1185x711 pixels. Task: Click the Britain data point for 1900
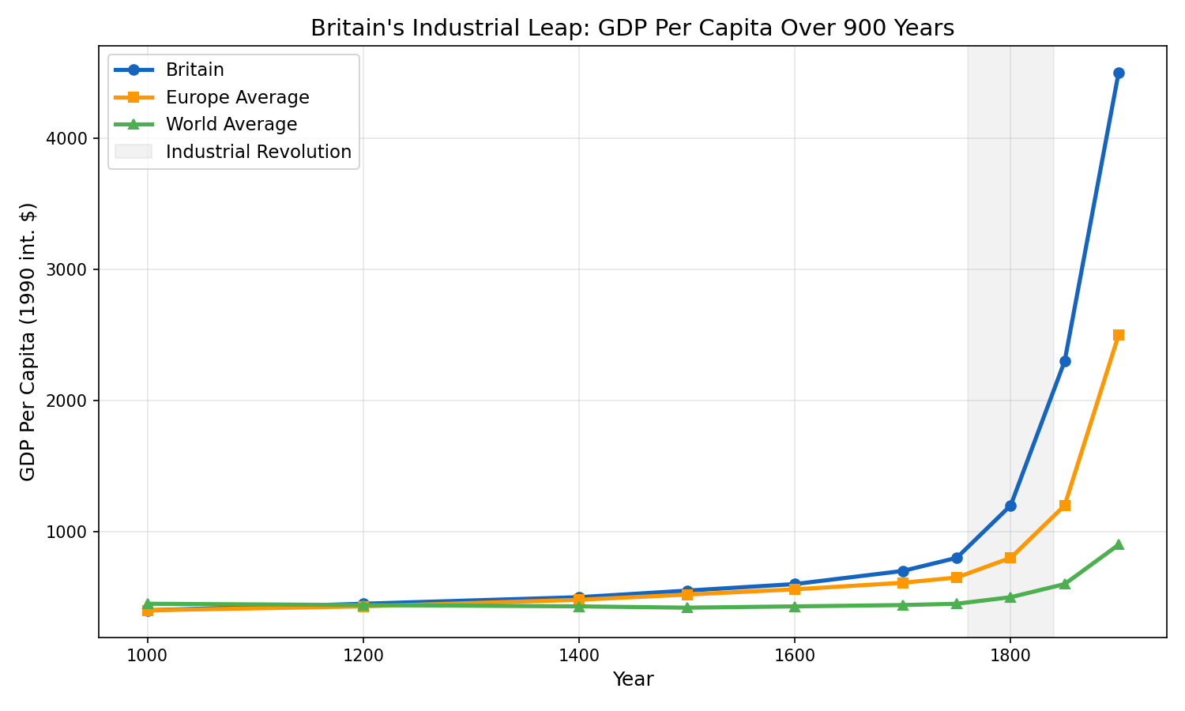click(x=1118, y=73)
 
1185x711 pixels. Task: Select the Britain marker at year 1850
click(x=1064, y=361)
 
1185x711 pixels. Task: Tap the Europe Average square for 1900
click(x=1118, y=335)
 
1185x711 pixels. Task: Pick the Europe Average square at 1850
click(x=1064, y=506)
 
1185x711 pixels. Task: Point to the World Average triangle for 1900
click(x=1118, y=544)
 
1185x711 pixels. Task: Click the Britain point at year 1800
click(x=1010, y=506)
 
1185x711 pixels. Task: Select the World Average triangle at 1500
click(x=687, y=607)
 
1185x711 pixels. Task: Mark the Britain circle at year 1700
click(x=902, y=570)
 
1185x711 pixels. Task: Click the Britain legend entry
click(x=194, y=70)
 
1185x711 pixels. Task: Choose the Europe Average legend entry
click(x=237, y=97)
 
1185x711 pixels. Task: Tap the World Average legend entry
click(x=231, y=125)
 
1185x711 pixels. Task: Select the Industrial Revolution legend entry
click(x=258, y=152)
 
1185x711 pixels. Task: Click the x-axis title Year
click(x=632, y=679)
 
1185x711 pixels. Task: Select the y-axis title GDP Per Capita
click(x=28, y=341)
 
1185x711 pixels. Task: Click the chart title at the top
click(x=632, y=28)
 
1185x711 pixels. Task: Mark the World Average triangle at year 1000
click(x=147, y=603)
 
